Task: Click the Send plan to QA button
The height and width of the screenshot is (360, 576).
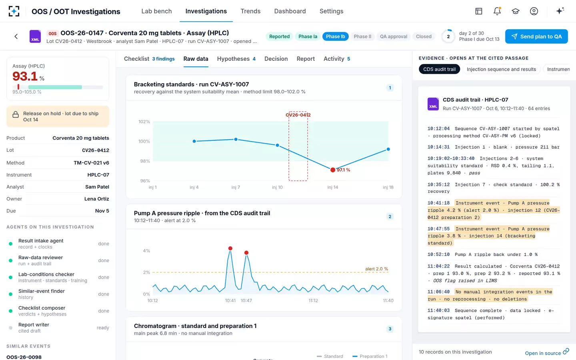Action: [x=536, y=36]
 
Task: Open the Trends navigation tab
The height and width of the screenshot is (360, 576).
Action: [x=250, y=11]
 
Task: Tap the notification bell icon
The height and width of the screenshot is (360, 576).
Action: [x=497, y=11]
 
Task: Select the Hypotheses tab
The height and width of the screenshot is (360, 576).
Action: [x=236, y=59]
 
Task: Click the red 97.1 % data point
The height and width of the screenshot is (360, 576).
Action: [x=333, y=170]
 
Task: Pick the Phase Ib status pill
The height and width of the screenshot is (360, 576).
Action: [x=335, y=36]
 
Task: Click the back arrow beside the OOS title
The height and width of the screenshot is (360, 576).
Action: [x=16, y=36]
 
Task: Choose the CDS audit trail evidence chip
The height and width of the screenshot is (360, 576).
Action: [x=439, y=69]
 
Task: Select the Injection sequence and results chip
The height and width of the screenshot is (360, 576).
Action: [x=501, y=69]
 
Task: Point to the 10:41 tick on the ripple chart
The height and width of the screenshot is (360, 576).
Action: [x=230, y=300]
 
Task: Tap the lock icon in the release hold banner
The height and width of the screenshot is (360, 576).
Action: [x=16, y=114]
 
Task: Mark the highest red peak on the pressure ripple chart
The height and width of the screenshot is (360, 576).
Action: [x=230, y=248]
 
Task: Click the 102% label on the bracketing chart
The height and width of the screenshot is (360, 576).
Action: [x=144, y=122]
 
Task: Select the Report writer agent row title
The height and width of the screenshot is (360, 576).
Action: [x=34, y=324]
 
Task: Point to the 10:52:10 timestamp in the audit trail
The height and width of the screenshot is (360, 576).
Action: [x=438, y=254]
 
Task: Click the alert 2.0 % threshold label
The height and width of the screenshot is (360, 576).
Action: [x=376, y=269]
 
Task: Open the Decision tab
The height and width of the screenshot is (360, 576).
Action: [x=276, y=59]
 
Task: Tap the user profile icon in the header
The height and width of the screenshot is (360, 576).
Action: [x=534, y=11]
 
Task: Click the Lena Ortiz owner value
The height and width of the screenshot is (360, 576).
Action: [x=97, y=199]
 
